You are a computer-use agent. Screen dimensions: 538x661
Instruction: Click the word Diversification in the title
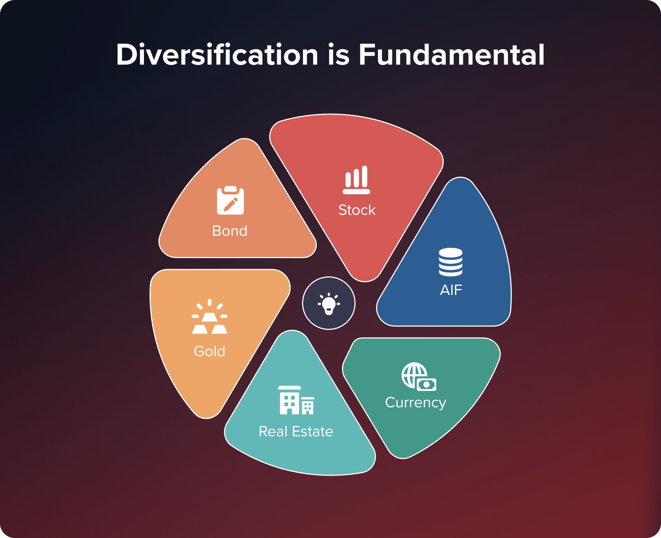[x=217, y=55]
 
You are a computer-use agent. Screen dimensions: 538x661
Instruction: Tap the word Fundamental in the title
[x=451, y=55]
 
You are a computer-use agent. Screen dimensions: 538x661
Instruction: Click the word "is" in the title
[x=338, y=55]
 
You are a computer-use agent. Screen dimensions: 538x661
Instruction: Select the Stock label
[x=357, y=210]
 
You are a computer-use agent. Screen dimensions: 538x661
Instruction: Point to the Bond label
[x=230, y=231]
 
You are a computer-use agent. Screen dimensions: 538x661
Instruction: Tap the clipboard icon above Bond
[x=230, y=200]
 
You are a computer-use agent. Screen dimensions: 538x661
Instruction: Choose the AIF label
[x=451, y=290]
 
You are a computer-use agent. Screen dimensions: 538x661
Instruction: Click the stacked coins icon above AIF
[x=451, y=262]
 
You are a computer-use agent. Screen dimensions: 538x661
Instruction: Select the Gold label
[x=209, y=351]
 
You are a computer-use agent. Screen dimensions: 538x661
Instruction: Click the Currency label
[x=415, y=402]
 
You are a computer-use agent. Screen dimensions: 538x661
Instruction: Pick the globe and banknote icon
[x=418, y=376]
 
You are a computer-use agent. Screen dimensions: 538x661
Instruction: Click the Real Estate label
[x=296, y=432]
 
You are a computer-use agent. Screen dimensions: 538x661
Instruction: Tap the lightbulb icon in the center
[x=329, y=303]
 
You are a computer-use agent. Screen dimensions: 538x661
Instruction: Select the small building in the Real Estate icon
[x=308, y=406]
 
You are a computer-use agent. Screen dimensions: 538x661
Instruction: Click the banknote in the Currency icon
[x=426, y=384]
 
